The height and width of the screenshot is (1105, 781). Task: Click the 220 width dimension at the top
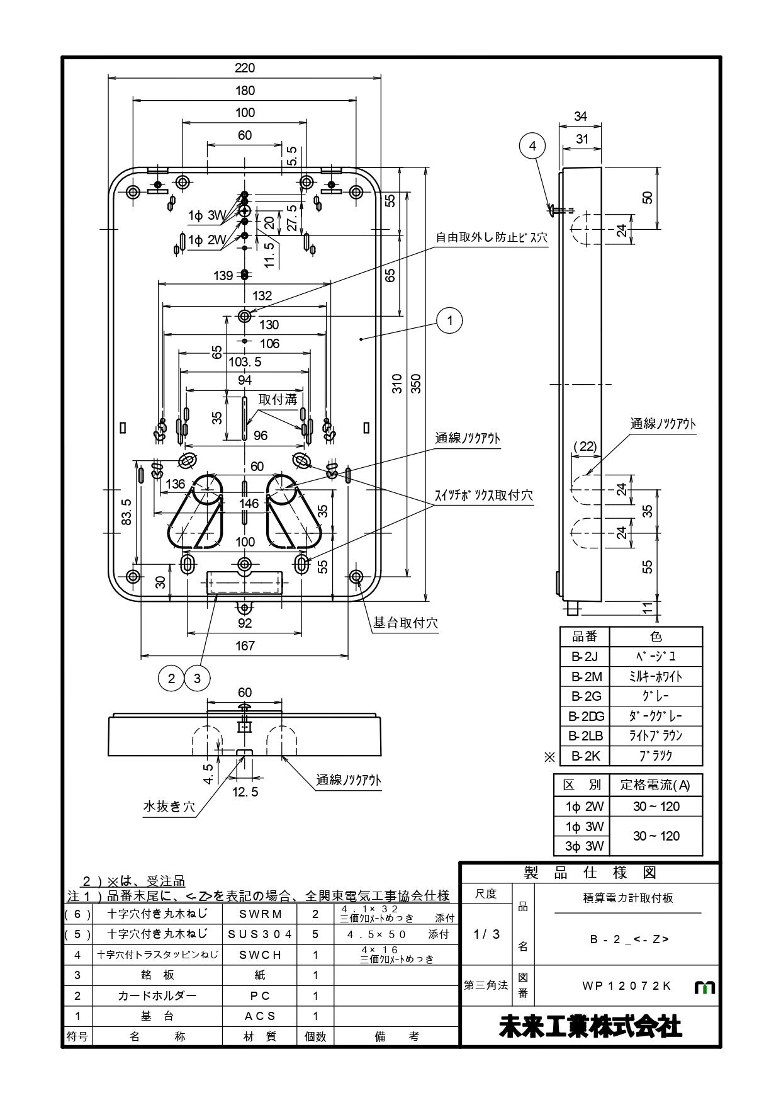point(245,68)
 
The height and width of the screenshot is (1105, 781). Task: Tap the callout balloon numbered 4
point(532,146)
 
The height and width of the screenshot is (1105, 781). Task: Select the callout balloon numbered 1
point(449,320)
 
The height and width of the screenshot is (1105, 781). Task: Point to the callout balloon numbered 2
point(171,678)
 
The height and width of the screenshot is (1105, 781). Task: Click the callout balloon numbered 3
point(198,678)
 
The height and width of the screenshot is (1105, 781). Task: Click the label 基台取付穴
point(405,623)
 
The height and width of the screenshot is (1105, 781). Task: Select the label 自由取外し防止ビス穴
point(492,238)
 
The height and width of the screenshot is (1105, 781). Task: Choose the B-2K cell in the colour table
point(585,756)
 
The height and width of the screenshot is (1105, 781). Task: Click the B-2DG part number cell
point(585,716)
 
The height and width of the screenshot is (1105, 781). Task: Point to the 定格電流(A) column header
point(655,785)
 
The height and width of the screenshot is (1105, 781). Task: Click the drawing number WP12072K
point(627,986)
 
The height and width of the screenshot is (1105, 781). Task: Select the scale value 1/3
point(486,934)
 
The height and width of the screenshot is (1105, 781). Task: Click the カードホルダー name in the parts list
point(157,995)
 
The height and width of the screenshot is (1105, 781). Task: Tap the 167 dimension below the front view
point(245,645)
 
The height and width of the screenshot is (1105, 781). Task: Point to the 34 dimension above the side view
point(580,116)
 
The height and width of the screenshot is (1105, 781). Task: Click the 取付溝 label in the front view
point(278,399)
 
